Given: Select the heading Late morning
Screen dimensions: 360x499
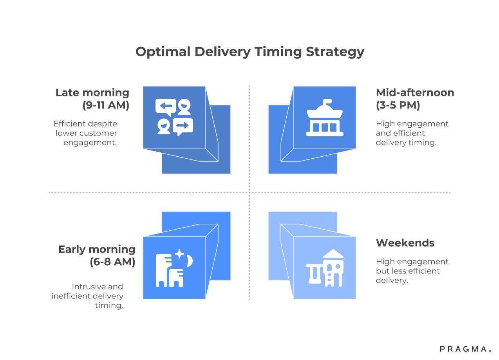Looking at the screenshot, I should pos(92,93).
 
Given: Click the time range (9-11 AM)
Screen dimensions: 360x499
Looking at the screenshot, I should pos(106,105).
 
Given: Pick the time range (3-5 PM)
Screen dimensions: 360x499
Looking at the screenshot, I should pos(398,105).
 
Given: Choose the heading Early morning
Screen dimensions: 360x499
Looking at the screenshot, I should pos(97,250).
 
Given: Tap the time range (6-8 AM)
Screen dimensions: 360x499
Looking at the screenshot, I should pos(112,262).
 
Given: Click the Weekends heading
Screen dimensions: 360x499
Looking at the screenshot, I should pos(405,243).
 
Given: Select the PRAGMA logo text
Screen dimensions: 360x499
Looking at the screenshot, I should pos(463,349).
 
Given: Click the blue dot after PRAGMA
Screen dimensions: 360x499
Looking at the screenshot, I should pos(490,351).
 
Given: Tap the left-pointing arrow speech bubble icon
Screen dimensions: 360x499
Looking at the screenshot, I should pos(165,107).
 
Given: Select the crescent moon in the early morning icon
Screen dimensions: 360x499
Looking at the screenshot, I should pos(190,261).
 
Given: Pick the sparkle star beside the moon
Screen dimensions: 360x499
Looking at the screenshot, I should pos(179,254).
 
